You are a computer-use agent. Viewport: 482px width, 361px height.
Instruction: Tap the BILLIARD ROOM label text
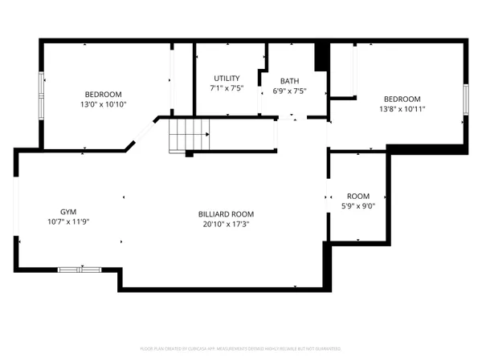point(226,214)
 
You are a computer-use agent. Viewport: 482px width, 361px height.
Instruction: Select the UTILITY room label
point(227,78)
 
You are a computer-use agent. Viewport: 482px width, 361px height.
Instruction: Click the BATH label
point(289,81)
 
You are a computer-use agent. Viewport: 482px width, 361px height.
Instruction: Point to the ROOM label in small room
point(358,197)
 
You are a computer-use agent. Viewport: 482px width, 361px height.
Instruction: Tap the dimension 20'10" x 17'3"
point(226,225)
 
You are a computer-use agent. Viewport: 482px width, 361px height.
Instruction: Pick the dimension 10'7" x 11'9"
point(67,221)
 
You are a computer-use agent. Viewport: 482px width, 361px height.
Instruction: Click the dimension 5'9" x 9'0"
point(358,206)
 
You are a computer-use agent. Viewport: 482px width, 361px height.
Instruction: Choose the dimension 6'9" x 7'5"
point(289,91)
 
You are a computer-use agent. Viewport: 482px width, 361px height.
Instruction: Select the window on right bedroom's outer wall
point(464,98)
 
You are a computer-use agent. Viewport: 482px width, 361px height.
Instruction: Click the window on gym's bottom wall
point(80,270)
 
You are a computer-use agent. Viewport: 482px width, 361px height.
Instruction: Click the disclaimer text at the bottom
point(241,348)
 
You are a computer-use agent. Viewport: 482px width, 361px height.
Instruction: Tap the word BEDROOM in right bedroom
point(402,99)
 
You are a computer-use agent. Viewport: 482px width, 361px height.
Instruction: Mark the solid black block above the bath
point(321,57)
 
